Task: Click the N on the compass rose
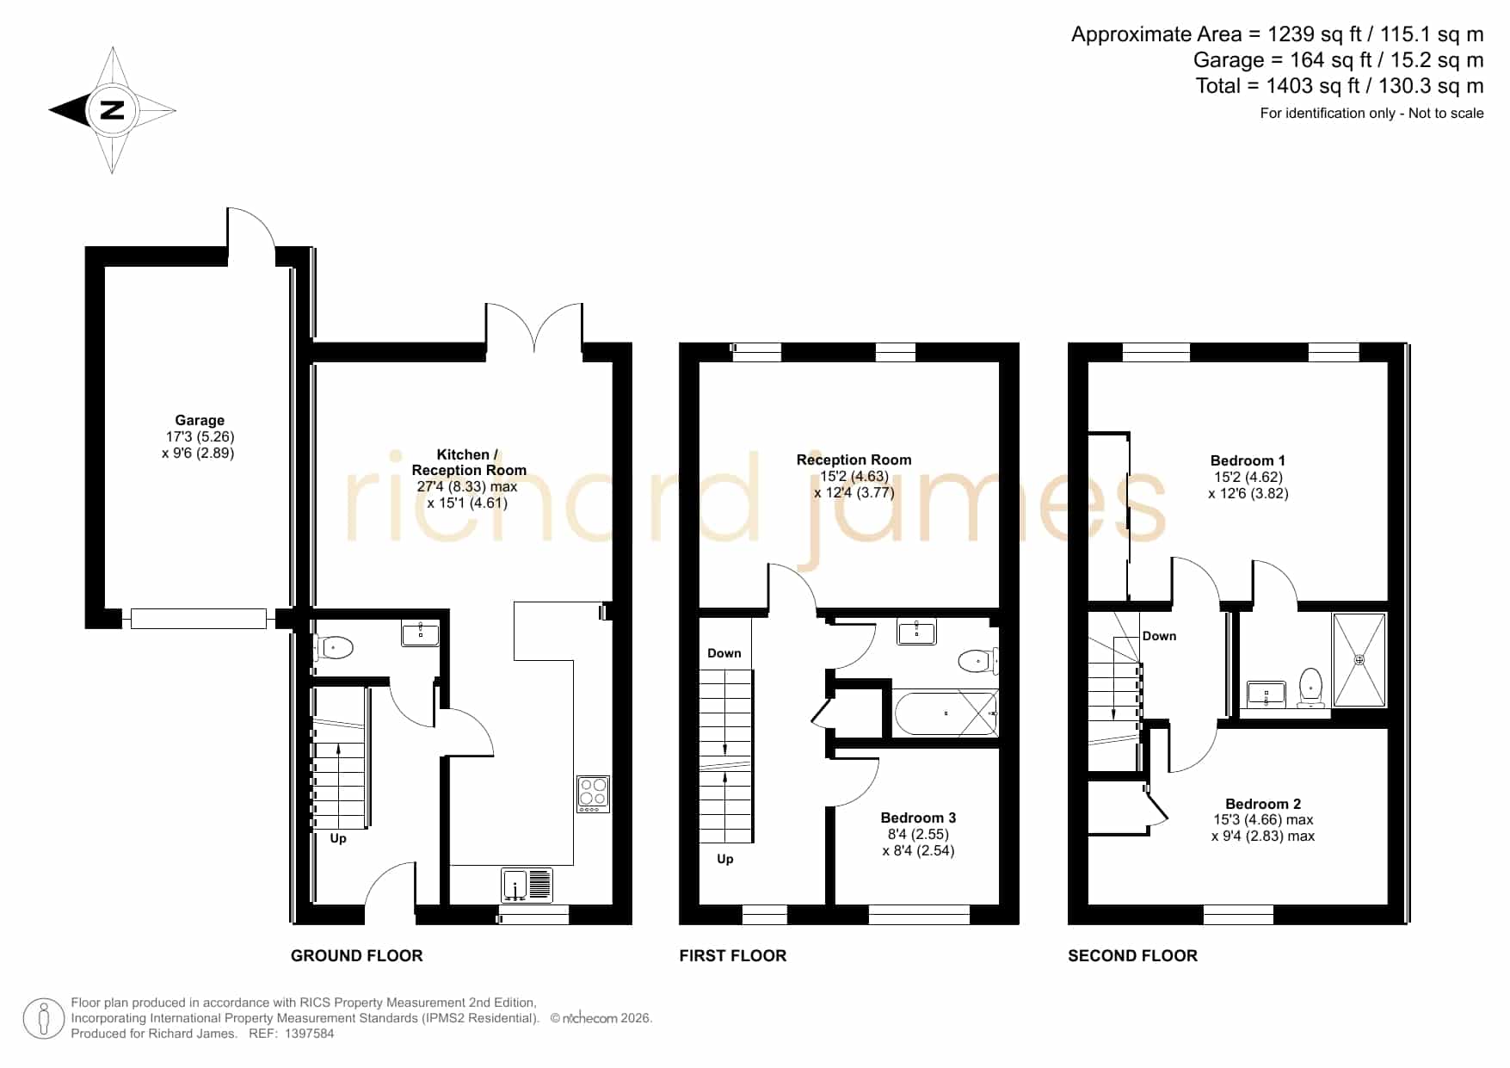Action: tap(112, 110)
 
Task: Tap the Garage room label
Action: tap(200, 420)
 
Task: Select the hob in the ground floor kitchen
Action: tap(593, 794)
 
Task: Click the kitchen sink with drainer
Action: tap(527, 886)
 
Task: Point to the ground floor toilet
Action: tap(333, 647)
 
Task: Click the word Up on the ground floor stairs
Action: tap(338, 838)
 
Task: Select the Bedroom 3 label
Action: tap(918, 818)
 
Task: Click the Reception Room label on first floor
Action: tap(854, 460)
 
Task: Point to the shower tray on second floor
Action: tap(1359, 660)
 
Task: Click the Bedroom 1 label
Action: tap(1248, 460)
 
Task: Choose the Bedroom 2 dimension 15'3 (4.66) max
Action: tap(1263, 820)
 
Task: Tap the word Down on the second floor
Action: tap(1159, 636)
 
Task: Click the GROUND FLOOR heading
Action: tap(357, 955)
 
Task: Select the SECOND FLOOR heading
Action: tap(1132, 955)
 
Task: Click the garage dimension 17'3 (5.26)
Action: tap(200, 436)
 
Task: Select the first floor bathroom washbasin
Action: tap(916, 632)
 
